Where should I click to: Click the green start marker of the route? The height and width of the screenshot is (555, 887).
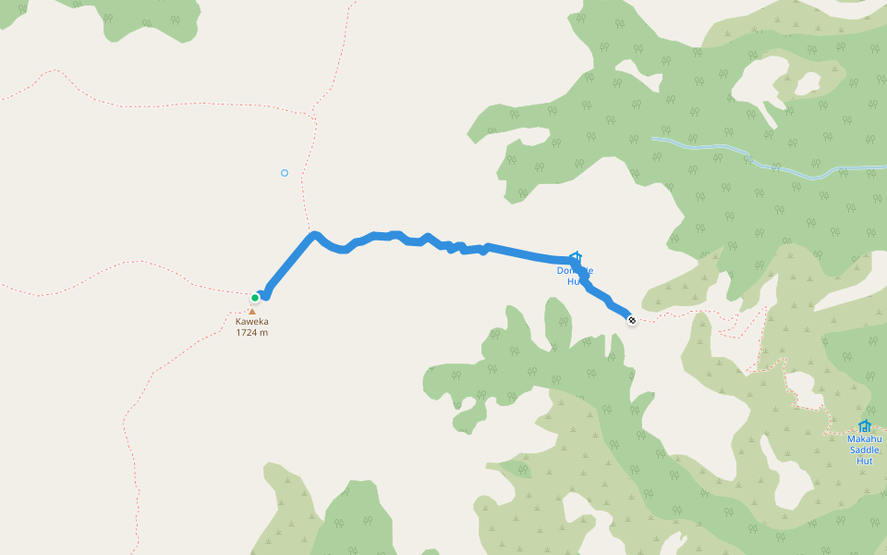tap(255, 297)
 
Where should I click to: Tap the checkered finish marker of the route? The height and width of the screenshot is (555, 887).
tap(632, 320)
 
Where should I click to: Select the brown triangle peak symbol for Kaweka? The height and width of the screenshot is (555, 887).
tap(251, 311)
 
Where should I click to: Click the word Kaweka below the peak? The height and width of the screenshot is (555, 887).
tap(251, 322)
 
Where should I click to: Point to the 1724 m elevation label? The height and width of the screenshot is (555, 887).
tap(251, 333)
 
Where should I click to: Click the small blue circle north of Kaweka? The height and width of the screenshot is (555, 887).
tap(285, 173)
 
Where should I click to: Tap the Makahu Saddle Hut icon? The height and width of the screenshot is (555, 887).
tap(865, 426)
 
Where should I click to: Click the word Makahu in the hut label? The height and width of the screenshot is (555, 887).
tap(865, 439)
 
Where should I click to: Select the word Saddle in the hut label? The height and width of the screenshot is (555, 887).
tap(865, 450)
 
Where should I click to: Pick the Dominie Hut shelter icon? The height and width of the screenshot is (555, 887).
tap(576, 257)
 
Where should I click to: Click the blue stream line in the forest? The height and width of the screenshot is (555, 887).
tap(702, 147)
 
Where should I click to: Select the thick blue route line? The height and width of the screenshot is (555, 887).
tap(517, 252)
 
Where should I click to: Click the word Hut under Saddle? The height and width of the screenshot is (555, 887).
tap(865, 461)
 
